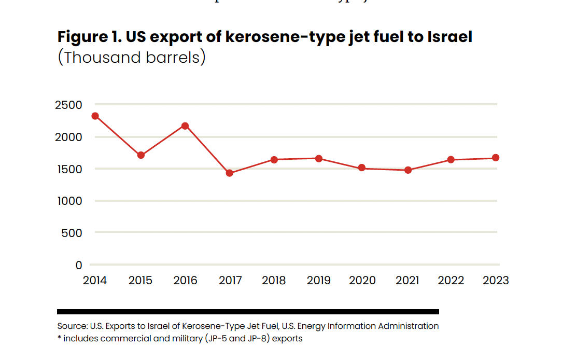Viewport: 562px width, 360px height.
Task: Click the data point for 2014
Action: [x=95, y=116]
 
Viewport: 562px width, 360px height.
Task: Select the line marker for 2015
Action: [x=140, y=155]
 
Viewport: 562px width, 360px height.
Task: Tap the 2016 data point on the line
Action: [x=185, y=126]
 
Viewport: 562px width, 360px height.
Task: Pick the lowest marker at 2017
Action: [x=230, y=173]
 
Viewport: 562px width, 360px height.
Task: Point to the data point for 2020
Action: [x=362, y=168]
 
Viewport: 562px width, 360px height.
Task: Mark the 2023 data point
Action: [x=496, y=158]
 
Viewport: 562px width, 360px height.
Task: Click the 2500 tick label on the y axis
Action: [x=68, y=105]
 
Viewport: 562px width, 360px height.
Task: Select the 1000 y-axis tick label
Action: [x=68, y=201]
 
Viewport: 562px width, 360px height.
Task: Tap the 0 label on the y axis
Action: [x=79, y=265]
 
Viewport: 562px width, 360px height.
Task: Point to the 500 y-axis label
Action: [x=72, y=233]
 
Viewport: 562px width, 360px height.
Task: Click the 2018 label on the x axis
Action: [x=274, y=281]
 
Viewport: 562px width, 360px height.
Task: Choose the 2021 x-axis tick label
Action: [x=407, y=281]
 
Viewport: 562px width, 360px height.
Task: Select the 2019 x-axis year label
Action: [x=318, y=281]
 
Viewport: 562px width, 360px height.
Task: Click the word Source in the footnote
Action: [x=72, y=326]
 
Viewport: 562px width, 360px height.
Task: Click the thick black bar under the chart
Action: [x=248, y=312]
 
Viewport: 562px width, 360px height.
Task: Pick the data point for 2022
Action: [x=451, y=160]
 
